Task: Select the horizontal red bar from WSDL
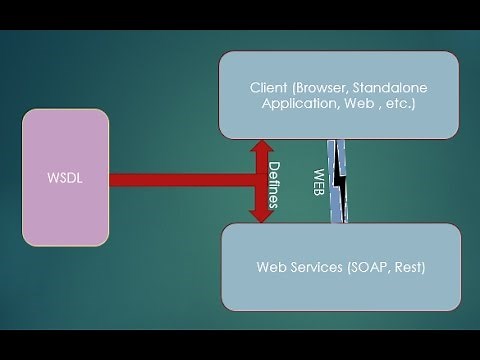[180, 181]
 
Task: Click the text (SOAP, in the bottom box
[373, 267]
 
